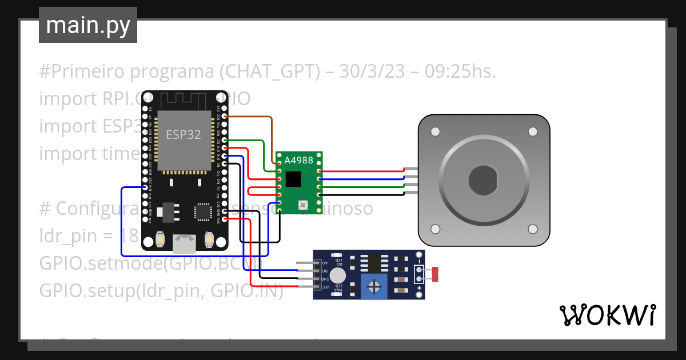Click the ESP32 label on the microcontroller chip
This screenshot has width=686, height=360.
183,135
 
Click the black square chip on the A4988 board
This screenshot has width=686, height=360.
293,179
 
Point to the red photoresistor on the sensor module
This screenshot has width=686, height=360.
435,274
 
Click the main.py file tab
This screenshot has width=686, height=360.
87,25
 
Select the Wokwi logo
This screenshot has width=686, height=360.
607,315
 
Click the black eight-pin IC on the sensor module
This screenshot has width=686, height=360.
374,263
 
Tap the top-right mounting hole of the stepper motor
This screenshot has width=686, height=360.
533,132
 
